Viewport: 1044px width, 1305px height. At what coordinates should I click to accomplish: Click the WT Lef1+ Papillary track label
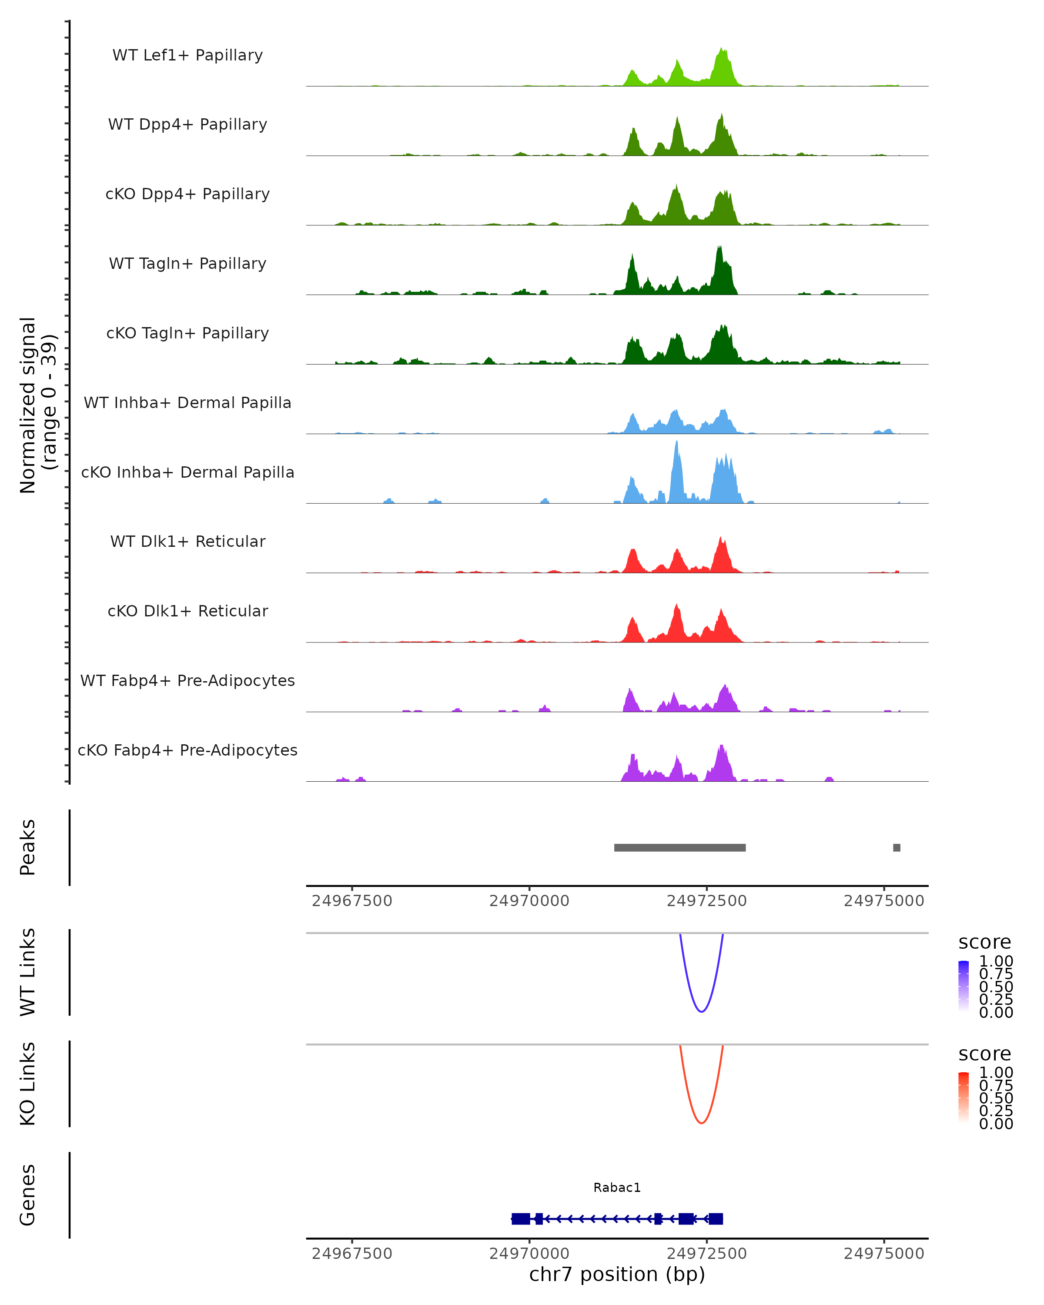coord(187,55)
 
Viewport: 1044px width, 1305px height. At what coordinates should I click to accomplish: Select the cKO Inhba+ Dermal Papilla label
coord(187,472)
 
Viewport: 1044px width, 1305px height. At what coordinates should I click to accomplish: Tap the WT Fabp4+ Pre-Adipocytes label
coord(187,680)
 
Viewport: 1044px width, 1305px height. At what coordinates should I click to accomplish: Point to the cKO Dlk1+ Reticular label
coord(187,611)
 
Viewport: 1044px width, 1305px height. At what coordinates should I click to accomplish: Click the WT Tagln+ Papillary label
coord(187,263)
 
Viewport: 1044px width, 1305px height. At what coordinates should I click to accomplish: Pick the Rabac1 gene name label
coord(617,1187)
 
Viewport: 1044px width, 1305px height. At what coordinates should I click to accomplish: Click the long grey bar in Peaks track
coord(679,847)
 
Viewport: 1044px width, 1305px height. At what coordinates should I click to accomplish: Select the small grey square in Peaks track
coord(897,847)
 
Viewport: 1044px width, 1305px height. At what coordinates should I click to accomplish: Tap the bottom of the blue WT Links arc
coord(702,1011)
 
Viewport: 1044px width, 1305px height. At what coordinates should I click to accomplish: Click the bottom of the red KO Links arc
coord(702,1123)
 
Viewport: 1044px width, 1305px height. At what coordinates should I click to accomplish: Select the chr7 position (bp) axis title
coord(617,1274)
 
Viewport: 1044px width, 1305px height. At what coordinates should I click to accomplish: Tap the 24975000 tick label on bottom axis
coord(883,1254)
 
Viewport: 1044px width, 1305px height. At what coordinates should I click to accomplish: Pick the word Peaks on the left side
coord(28,847)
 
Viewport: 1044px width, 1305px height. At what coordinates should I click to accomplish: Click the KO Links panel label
coord(28,1084)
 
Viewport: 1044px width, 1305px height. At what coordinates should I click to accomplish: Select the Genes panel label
coord(28,1195)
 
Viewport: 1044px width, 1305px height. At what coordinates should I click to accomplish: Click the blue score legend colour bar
coord(964,986)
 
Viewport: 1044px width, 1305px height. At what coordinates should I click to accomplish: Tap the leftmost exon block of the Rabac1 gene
coord(521,1218)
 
